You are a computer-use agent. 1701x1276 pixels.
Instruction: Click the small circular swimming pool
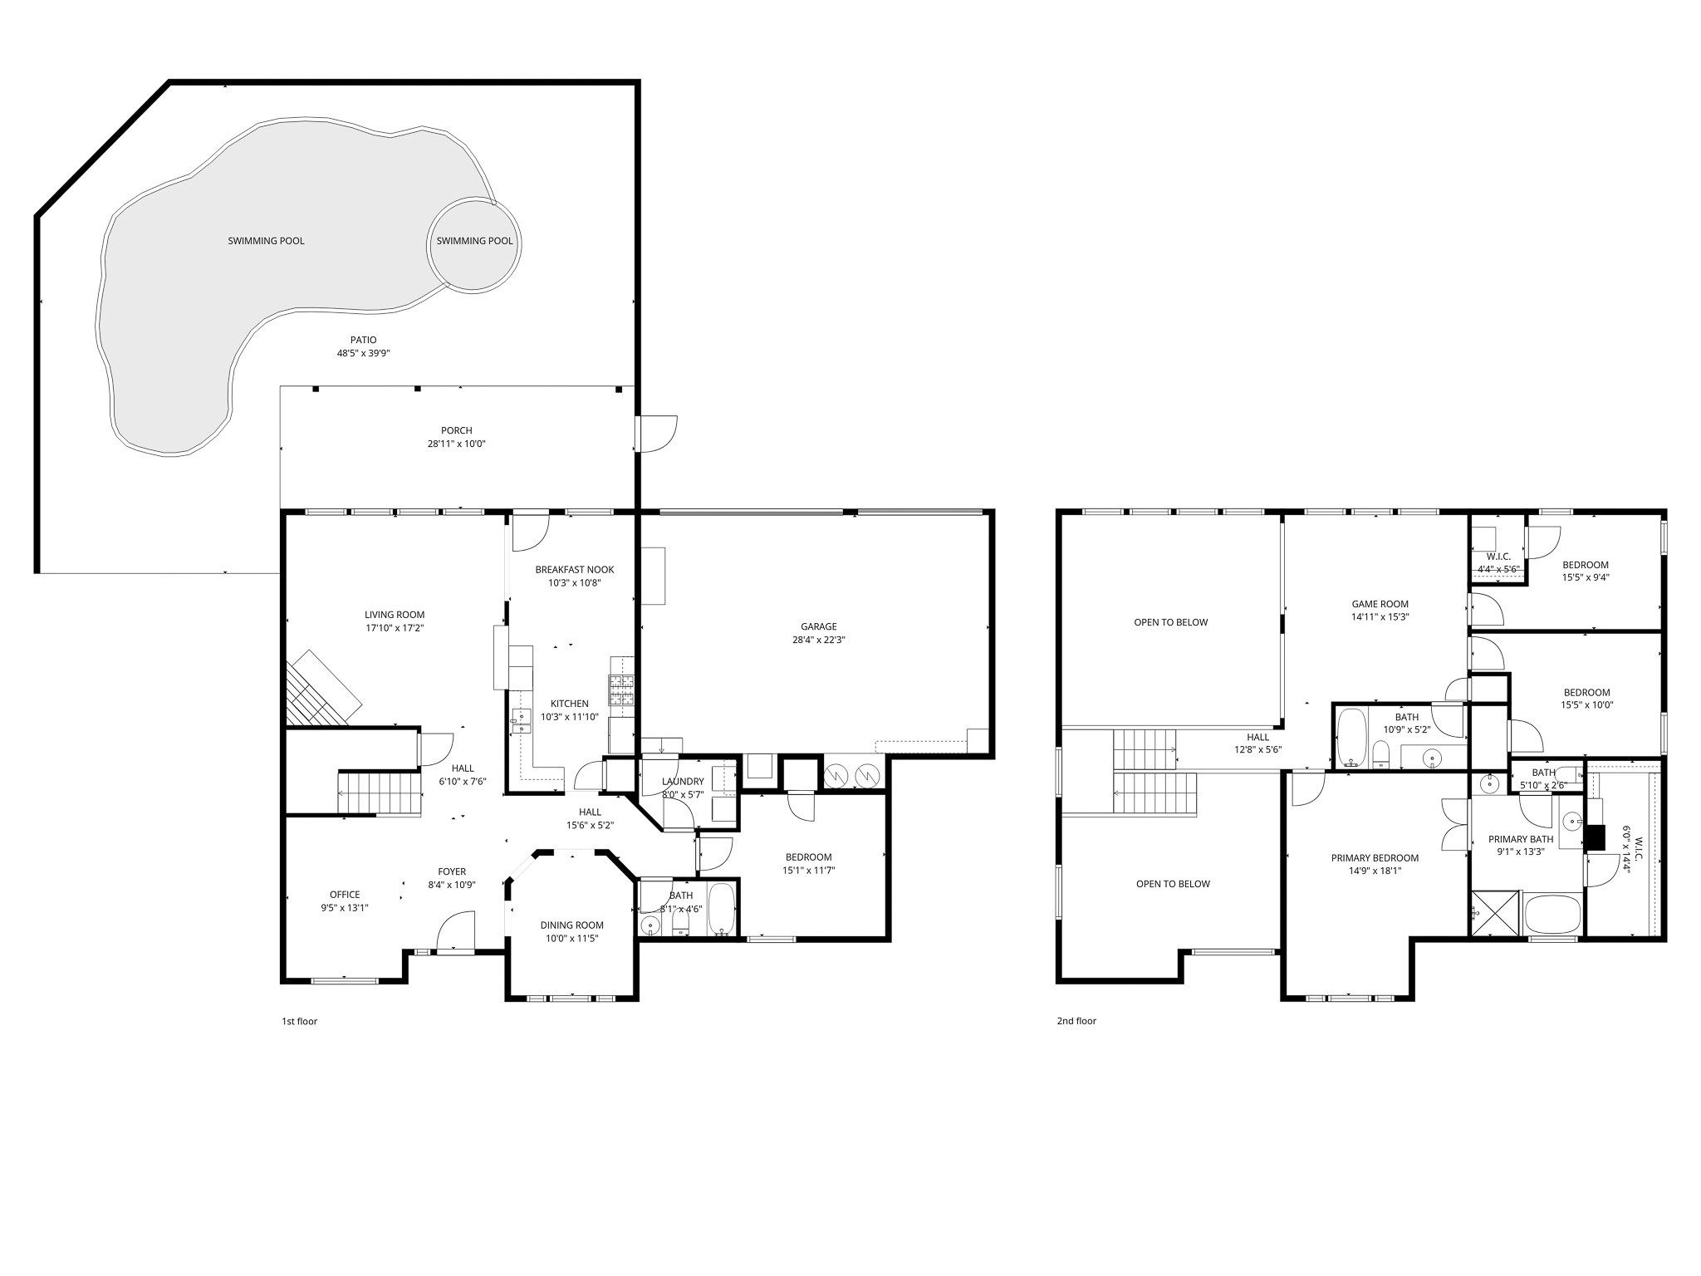(x=474, y=242)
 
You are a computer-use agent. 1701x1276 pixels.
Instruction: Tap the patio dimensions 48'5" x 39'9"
(x=363, y=353)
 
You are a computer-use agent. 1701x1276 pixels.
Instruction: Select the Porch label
(x=456, y=430)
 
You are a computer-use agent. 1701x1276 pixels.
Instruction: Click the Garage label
(x=818, y=626)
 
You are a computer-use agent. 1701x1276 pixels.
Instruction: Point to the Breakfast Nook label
(x=574, y=570)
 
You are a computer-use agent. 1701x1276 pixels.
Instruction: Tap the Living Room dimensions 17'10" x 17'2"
(x=395, y=628)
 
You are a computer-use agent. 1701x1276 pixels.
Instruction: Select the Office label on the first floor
(x=345, y=895)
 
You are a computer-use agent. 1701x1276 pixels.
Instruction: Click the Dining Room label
(x=571, y=925)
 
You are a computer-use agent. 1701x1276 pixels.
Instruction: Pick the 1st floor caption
(x=299, y=1021)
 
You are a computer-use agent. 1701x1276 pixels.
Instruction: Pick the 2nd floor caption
(x=1076, y=1021)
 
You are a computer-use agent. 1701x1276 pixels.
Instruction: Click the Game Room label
(x=1380, y=604)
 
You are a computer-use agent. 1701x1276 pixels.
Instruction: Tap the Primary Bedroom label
(x=1375, y=858)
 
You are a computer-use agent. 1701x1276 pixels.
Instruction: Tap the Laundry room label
(x=683, y=781)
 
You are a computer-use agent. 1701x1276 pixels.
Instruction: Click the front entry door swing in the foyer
(x=456, y=930)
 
